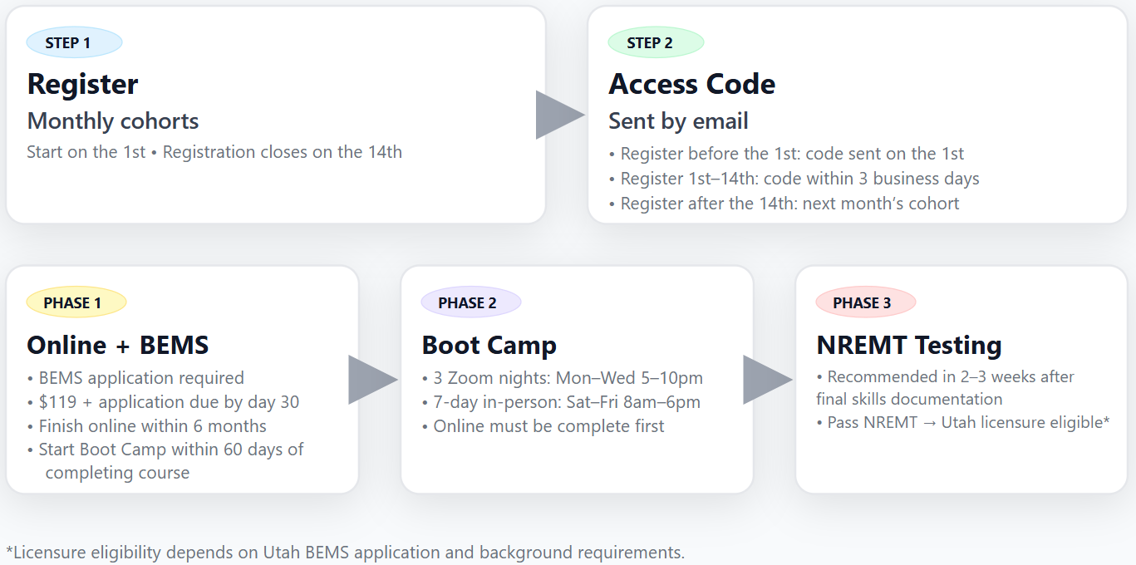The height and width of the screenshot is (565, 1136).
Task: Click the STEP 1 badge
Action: (74, 42)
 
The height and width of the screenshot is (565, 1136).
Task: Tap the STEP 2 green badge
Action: (656, 42)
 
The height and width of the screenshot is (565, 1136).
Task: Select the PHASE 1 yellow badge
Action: (76, 302)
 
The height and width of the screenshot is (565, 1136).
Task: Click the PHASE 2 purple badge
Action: (470, 302)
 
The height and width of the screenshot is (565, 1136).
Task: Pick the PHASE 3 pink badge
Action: (865, 302)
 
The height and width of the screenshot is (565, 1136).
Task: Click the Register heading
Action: (82, 84)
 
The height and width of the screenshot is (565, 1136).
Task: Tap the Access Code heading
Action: (691, 84)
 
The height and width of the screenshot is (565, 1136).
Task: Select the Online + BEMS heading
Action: (117, 345)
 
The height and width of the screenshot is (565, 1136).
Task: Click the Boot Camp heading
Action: (489, 345)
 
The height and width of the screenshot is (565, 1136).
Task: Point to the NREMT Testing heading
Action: (908, 345)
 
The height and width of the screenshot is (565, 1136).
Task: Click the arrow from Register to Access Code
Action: (558, 115)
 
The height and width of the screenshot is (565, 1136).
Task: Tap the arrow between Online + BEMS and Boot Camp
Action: (371, 380)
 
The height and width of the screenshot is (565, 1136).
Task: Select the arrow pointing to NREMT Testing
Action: (765, 380)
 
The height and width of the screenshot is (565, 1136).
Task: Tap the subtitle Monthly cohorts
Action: (112, 121)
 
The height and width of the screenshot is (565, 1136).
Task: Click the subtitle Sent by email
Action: (678, 121)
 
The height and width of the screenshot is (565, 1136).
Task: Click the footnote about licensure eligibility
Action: (345, 553)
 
